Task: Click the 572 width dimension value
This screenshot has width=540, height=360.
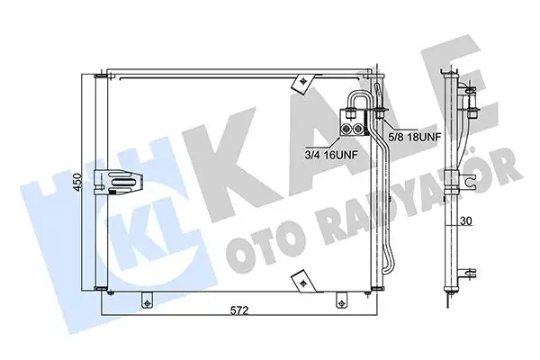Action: click(239, 310)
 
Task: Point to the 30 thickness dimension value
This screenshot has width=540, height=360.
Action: click(466, 221)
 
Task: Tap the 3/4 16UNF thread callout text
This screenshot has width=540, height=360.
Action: click(331, 155)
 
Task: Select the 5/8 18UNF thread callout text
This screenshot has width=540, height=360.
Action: click(415, 137)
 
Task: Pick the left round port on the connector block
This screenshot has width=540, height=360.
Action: click(346, 130)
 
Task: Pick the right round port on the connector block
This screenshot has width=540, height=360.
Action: click(358, 130)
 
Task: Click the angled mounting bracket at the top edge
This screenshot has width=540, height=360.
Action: click(302, 84)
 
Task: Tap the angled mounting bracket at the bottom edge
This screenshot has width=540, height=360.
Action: click(302, 282)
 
